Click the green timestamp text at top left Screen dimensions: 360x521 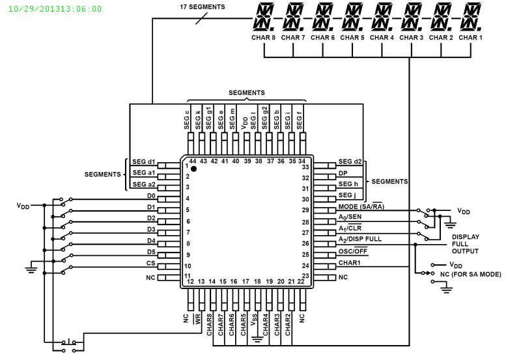(55, 9)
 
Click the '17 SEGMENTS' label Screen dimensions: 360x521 (202, 7)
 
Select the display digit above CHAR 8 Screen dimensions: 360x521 (263, 18)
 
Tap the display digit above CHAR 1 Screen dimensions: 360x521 (470, 18)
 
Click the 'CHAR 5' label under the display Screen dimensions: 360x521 (352, 38)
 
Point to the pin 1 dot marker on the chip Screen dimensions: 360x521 (193, 169)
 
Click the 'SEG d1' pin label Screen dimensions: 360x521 (143, 161)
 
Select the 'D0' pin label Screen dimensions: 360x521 (151, 196)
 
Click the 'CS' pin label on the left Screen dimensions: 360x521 (151, 263)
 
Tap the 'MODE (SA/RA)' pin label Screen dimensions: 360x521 (360, 207)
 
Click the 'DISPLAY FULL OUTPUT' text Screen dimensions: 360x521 (465, 244)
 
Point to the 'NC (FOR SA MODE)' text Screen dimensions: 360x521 (471, 275)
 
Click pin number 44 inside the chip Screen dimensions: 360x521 (192, 161)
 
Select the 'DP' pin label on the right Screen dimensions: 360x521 (343, 174)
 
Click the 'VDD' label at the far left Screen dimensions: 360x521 (23, 206)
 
